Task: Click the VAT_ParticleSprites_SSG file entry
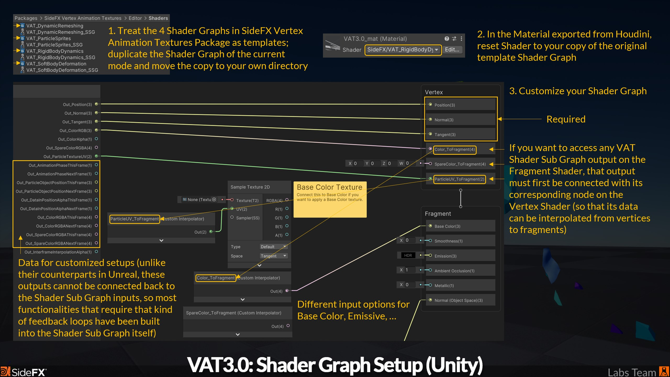coord(54,45)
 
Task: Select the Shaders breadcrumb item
coord(158,18)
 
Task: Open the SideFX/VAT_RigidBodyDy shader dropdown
coord(403,50)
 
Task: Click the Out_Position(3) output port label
coord(77,104)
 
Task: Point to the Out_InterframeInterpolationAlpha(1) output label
coord(58,252)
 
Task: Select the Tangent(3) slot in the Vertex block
coord(445,135)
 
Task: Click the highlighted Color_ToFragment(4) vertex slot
coord(455,149)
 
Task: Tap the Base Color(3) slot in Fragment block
coord(447,226)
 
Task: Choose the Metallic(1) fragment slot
coord(444,286)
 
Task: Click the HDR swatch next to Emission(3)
coord(408,256)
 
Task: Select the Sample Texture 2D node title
coord(250,187)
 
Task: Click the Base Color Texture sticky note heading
coord(329,187)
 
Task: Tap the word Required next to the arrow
coord(566,119)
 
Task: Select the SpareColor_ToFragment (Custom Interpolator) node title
coord(233,313)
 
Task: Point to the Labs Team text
coord(632,372)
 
